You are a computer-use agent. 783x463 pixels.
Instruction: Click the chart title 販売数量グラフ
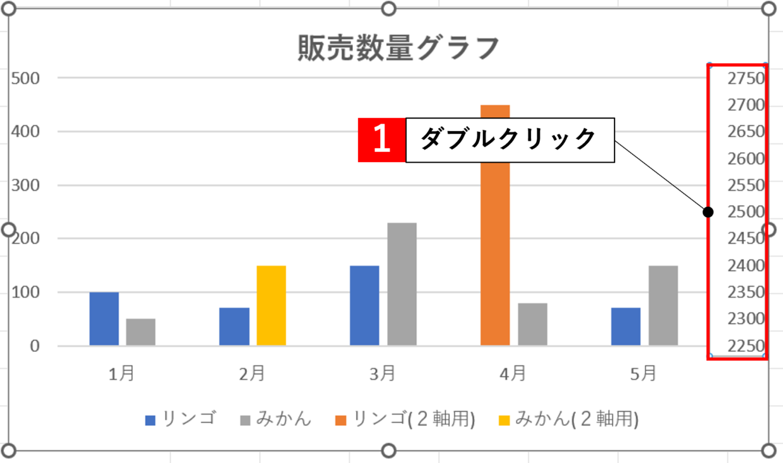click(x=398, y=49)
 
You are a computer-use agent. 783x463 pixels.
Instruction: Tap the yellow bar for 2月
click(x=271, y=305)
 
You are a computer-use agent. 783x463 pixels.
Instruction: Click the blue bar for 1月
click(x=104, y=319)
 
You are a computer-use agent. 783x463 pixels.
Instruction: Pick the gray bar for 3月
click(x=402, y=284)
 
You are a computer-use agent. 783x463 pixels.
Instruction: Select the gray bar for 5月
click(x=663, y=305)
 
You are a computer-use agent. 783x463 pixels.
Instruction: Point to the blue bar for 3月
click(x=364, y=305)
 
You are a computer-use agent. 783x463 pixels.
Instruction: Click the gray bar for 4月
click(x=532, y=324)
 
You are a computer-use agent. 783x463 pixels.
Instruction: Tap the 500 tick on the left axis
click(x=25, y=78)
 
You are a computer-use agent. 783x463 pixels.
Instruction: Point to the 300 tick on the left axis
click(x=25, y=185)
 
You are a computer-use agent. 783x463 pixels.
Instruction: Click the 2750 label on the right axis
click(x=746, y=78)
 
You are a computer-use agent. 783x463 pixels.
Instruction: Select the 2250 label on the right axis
click(x=746, y=346)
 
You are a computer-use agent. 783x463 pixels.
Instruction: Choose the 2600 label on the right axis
click(x=746, y=158)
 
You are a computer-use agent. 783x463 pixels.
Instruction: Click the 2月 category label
click(x=251, y=374)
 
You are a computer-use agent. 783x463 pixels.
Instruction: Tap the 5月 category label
click(x=643, y=374)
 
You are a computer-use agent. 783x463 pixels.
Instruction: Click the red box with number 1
click(x=381, y=139)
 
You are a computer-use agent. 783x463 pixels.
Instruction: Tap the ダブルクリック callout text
click(x=509, y=139)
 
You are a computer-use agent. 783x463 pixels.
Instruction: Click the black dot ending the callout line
click(x=708, y=213)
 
